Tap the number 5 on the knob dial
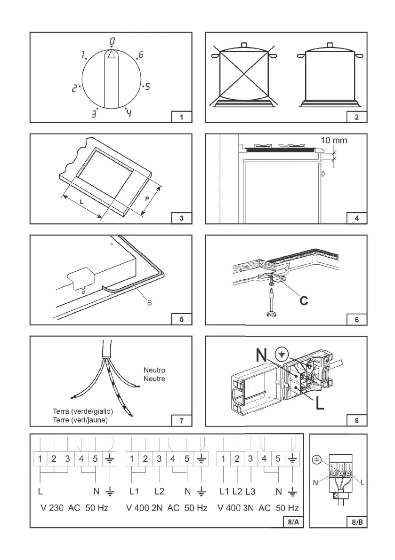[147, 87]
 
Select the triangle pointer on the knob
[111, 55]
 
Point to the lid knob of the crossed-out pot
[244, 45]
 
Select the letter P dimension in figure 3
[147, 198]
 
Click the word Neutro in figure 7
[154, 371]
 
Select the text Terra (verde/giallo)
[83, 412]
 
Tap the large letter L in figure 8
[320, 403]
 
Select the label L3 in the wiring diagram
[250, 492]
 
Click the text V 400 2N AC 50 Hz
[167, 508]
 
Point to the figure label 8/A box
[292, 521]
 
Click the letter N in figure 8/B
[315, 482]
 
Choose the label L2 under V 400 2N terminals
[161, 492]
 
